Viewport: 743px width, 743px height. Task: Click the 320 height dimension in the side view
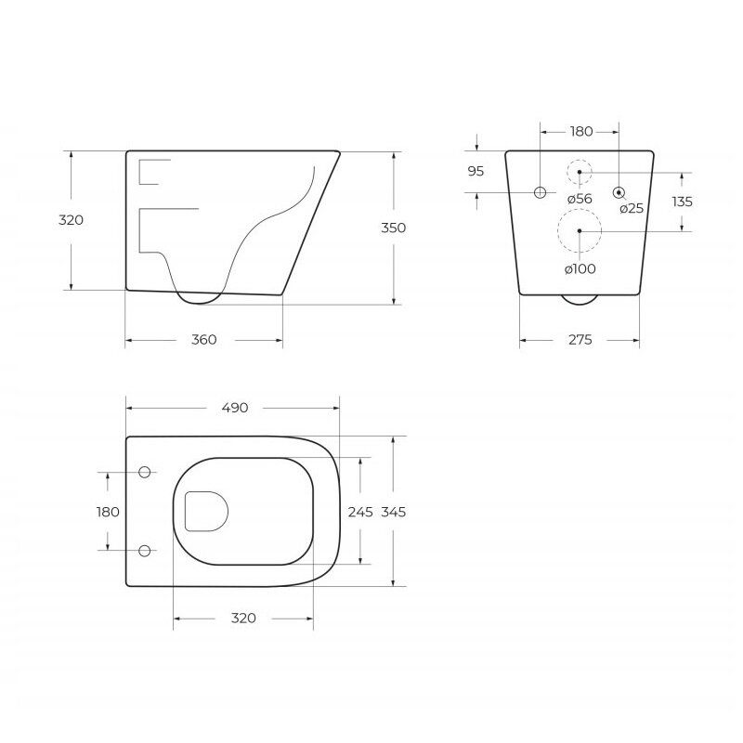click(x=71, y=220)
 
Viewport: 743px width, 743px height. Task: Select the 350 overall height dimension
click(x=393, y=228)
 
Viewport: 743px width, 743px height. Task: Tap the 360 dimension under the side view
click(x=203, y=340)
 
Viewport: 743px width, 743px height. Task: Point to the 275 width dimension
click(x=580, y=340)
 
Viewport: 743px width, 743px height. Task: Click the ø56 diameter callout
click(x=580, y=199)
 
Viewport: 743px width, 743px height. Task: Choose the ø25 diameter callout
click(x=632, y=208)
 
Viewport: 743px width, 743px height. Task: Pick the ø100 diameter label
click(x=580, y=269)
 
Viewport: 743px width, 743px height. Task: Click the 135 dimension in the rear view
click(x=683, y=202)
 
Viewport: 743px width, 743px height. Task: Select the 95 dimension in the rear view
click(x=476, y=171)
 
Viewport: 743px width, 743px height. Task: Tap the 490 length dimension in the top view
click(x=235, y=408)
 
